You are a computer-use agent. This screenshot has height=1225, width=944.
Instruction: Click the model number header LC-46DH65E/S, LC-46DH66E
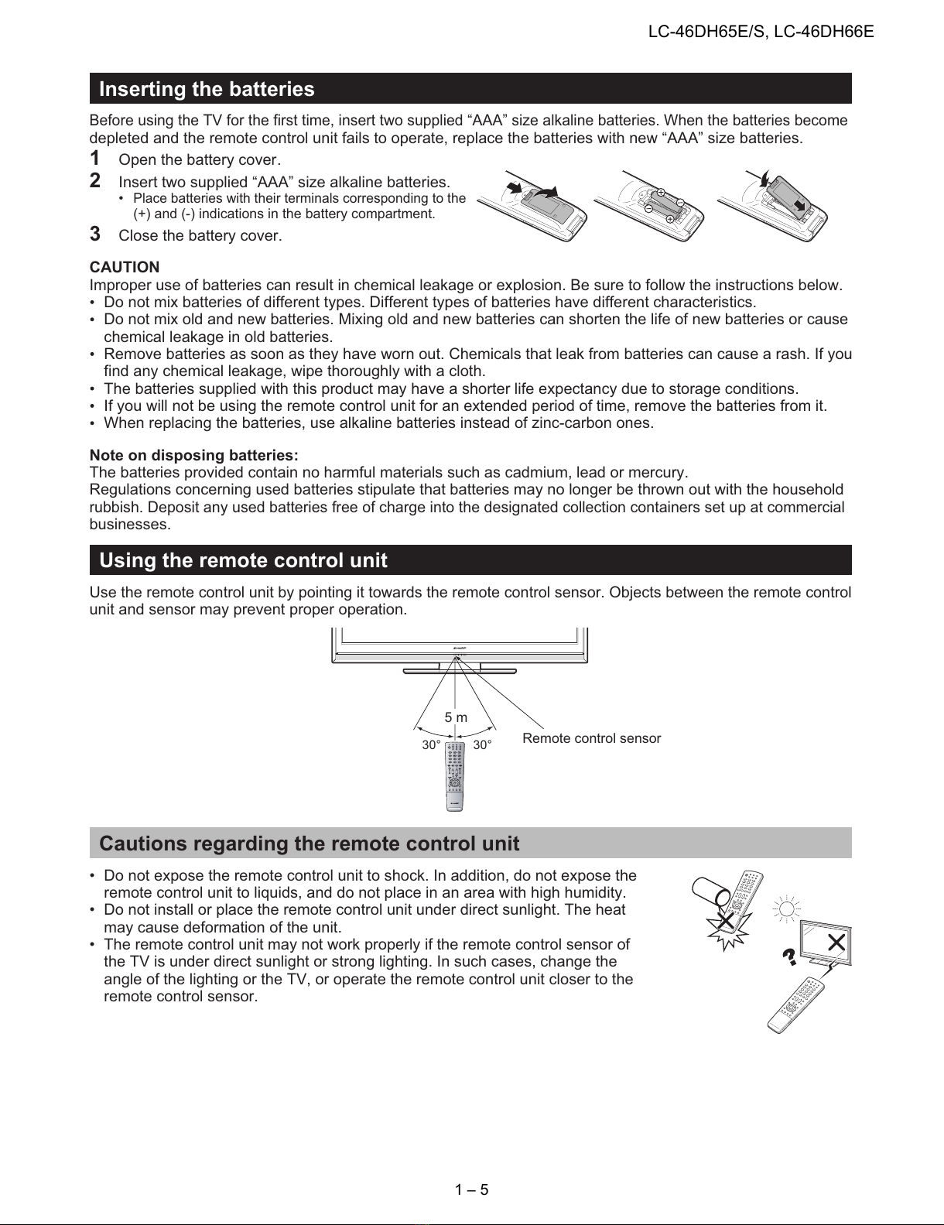coord(761,32)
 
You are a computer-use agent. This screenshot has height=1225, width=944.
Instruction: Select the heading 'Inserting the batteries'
coord(207,89)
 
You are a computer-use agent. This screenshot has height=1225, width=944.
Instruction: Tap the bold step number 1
coord(95,159)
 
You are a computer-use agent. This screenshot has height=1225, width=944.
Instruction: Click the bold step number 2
coord(95,181)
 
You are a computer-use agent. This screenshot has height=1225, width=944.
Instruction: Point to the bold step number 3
coord(95,234)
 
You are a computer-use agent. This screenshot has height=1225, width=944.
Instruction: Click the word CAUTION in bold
coord(125,267)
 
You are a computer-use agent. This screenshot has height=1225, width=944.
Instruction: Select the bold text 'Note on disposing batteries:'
coord(194,454)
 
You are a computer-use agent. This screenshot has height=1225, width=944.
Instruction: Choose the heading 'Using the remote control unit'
coord(243,560)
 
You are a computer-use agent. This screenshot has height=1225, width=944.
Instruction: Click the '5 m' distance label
coord(456,717)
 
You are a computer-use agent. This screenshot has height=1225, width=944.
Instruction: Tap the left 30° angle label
coord(431,744)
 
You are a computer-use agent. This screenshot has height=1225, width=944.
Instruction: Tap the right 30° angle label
coord(483,744)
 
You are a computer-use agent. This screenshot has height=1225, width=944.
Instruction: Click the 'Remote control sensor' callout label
coord(591,738)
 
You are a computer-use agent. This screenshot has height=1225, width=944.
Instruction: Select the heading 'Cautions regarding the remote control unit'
coord(309,843)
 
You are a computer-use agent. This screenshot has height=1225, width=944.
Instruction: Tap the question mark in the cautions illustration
coord(790,957)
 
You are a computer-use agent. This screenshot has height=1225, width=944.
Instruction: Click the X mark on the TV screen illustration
coord(836,941)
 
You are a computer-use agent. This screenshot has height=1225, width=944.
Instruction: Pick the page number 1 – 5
coord(472,1189)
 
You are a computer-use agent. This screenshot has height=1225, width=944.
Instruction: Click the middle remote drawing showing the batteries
coord(648,205)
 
